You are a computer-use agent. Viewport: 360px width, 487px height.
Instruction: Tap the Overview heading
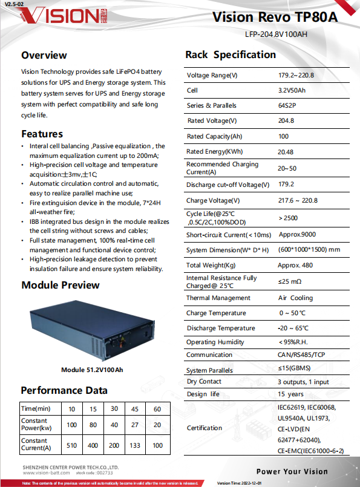coord(44,55)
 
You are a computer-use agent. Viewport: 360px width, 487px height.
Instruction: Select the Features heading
coord(42,134)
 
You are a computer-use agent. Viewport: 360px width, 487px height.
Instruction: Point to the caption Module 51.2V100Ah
coord(92,370)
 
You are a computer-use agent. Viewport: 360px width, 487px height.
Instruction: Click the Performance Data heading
coord(64,390)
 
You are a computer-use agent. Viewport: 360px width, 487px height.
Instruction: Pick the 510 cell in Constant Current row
coord(72,446)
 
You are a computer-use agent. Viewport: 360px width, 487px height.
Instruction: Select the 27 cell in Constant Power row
coord(136,425)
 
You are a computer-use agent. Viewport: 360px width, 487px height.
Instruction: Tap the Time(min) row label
coord(36,409)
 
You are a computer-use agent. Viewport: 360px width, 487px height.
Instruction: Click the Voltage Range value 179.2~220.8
coord(296,76)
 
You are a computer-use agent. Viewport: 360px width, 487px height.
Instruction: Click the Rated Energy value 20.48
coord(286,152)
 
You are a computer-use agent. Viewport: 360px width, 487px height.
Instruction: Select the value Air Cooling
coord(295,298)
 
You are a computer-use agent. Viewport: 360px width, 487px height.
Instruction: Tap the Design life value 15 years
coord(290,394)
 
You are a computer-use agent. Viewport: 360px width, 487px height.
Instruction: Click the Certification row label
coord(205,428)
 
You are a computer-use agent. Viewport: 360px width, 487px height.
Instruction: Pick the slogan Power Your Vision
coord(292,471)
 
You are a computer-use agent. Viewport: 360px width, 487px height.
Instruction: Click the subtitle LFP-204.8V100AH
coord(276,34)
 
